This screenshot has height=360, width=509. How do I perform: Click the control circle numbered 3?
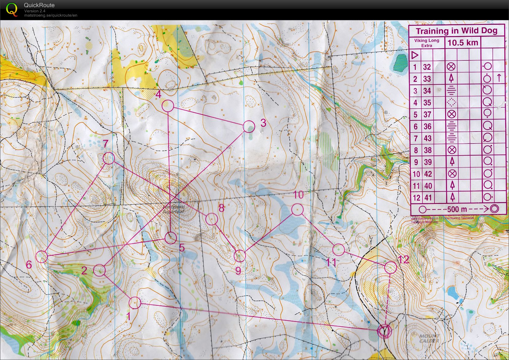click(x=249, y=126)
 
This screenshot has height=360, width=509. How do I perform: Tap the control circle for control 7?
click(x=109, y=158)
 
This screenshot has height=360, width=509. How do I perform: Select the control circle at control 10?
click(x=297, y=210)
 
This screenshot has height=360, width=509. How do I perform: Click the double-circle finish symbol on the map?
click(x=384, y=331)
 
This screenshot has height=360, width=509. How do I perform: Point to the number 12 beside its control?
click(x=404, y=260)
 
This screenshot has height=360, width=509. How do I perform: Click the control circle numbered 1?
click(x=135, y=303)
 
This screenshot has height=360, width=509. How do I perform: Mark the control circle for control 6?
click(x=42, y=256)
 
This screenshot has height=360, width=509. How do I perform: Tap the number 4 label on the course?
click(x=158, y=94)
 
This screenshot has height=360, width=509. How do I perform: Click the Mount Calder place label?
click(x=430, y=339)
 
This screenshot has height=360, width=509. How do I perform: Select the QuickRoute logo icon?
click(x=12, y=9)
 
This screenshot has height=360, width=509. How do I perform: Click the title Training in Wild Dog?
click(x=456, y=31)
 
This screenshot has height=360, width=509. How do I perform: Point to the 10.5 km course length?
click(x=463, y=43)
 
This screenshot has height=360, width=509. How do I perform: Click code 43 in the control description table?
click(x=427, y=138)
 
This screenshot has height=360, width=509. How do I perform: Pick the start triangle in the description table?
click(x=415, y=55)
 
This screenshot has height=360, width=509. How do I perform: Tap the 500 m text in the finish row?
click(x=457, y=209)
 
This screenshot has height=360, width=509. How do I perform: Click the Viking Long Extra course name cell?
click(x=426, y=43)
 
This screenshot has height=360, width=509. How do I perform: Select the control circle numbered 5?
click(x=171, y=238)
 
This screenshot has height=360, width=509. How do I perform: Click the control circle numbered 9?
click(x=240, y=256)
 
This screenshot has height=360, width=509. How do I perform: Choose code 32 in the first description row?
click(x=427, y=67)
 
